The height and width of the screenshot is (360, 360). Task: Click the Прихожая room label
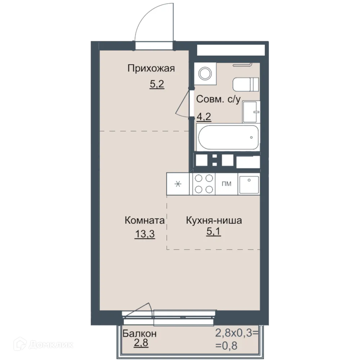click(151, 68)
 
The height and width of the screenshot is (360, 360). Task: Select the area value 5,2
click(157, 85)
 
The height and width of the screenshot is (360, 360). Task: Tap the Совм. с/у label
click(218, 100)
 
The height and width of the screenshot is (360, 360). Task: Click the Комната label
click(145, 220)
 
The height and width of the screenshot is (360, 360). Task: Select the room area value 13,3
click(145, 234)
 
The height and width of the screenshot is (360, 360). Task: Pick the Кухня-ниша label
click(214, 220)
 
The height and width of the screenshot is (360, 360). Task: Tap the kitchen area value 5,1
click(213, 231)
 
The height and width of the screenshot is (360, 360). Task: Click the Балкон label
click(139, 334)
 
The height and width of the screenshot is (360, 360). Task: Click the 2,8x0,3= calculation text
click(237, 333)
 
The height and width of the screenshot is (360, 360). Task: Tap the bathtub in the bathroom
click(228, 138)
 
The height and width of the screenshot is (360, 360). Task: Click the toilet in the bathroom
click(246, 84)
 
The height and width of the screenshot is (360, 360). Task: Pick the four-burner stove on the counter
click(203, 184)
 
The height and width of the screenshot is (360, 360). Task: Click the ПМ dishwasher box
click(226, 184)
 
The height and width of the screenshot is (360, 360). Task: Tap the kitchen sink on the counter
click(249, 184)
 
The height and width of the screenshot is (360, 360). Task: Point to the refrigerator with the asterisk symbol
click(177, 184)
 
